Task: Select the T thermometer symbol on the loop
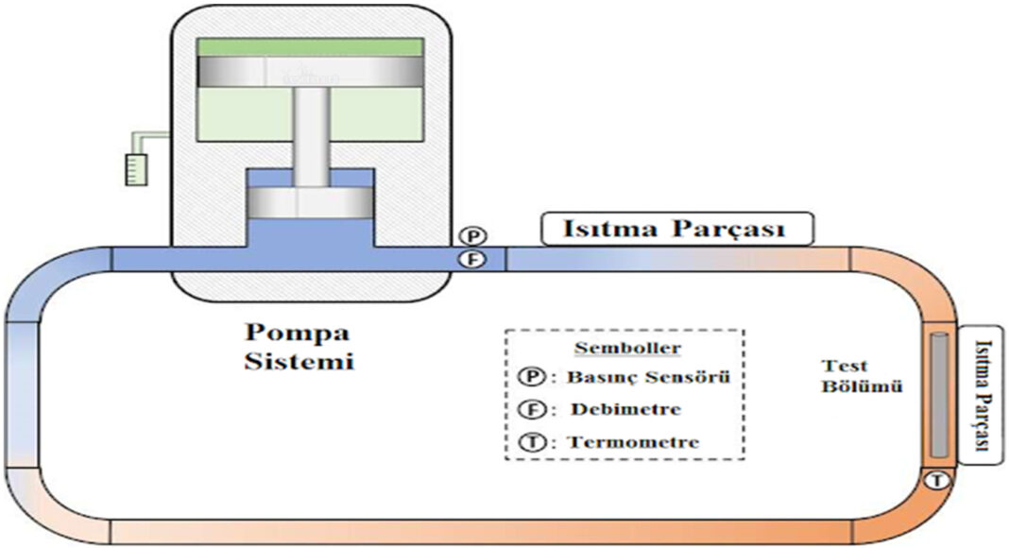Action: point(936,480)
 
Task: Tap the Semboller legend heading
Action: point(624,349)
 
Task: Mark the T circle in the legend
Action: point(531,441)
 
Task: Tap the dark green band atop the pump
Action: point(309,47)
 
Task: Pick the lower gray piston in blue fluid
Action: point(309,200)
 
